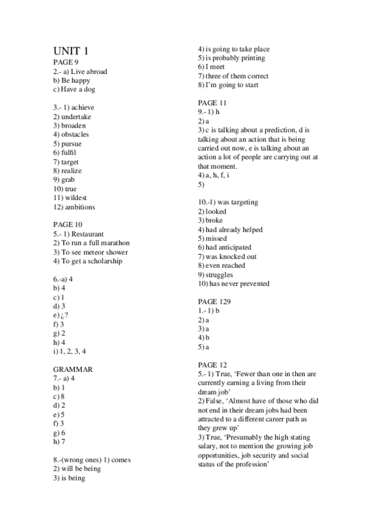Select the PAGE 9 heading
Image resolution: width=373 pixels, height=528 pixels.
pos(66,63)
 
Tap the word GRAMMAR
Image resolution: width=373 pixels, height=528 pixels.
pos(73,369)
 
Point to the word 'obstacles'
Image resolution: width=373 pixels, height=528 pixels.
pos(75,134)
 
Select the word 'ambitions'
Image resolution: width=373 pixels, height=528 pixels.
pos(79,207)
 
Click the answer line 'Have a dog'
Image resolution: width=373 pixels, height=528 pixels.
pos(78,89)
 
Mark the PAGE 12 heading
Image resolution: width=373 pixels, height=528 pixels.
pos(212,364)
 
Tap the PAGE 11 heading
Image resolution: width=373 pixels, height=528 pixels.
pos(212,103)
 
